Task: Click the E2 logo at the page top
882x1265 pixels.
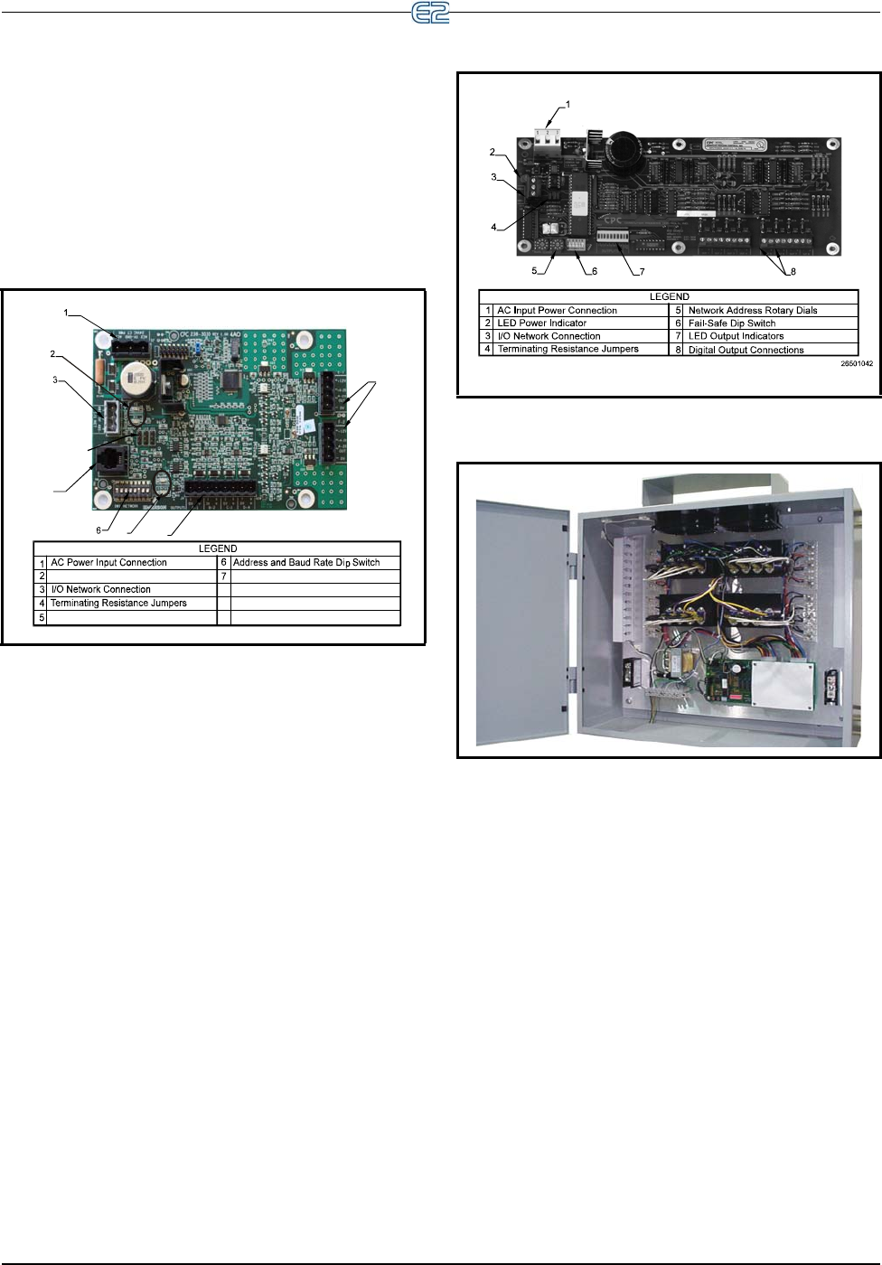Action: coord(430,14)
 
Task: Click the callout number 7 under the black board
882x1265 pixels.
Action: coord(643,271)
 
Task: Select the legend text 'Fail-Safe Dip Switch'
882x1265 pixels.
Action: coord(731,323)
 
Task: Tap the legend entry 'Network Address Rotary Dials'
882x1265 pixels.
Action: coord(752,311)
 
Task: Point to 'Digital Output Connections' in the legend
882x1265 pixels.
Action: coord(746,350)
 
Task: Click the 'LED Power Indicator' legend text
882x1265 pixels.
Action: coord(541,323)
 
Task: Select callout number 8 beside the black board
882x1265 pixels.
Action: coord(793,271)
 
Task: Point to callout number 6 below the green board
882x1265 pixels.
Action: coord(99,530)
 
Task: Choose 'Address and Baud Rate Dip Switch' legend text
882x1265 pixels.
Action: coord(306,563)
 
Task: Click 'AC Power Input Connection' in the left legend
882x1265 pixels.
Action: coord(108,563)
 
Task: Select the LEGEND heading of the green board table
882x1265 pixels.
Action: coord(218,548)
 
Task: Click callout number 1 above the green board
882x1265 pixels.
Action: coord(66,313)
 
